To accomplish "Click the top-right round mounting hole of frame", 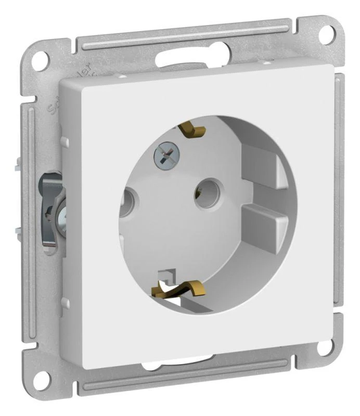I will pos(326,34).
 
